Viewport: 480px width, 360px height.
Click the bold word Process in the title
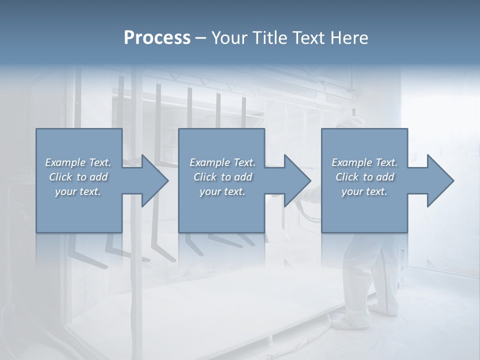157,37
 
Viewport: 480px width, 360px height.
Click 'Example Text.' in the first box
78,162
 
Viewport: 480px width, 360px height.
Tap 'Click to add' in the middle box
222,177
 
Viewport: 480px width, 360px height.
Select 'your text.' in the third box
364,191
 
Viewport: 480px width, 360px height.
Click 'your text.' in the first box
78,191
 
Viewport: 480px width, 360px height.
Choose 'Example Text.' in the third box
364,162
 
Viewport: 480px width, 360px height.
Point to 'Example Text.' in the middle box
222,162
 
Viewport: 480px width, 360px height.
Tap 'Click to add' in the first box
78,177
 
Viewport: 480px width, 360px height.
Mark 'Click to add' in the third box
364,177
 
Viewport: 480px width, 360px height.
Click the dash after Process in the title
201,37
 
